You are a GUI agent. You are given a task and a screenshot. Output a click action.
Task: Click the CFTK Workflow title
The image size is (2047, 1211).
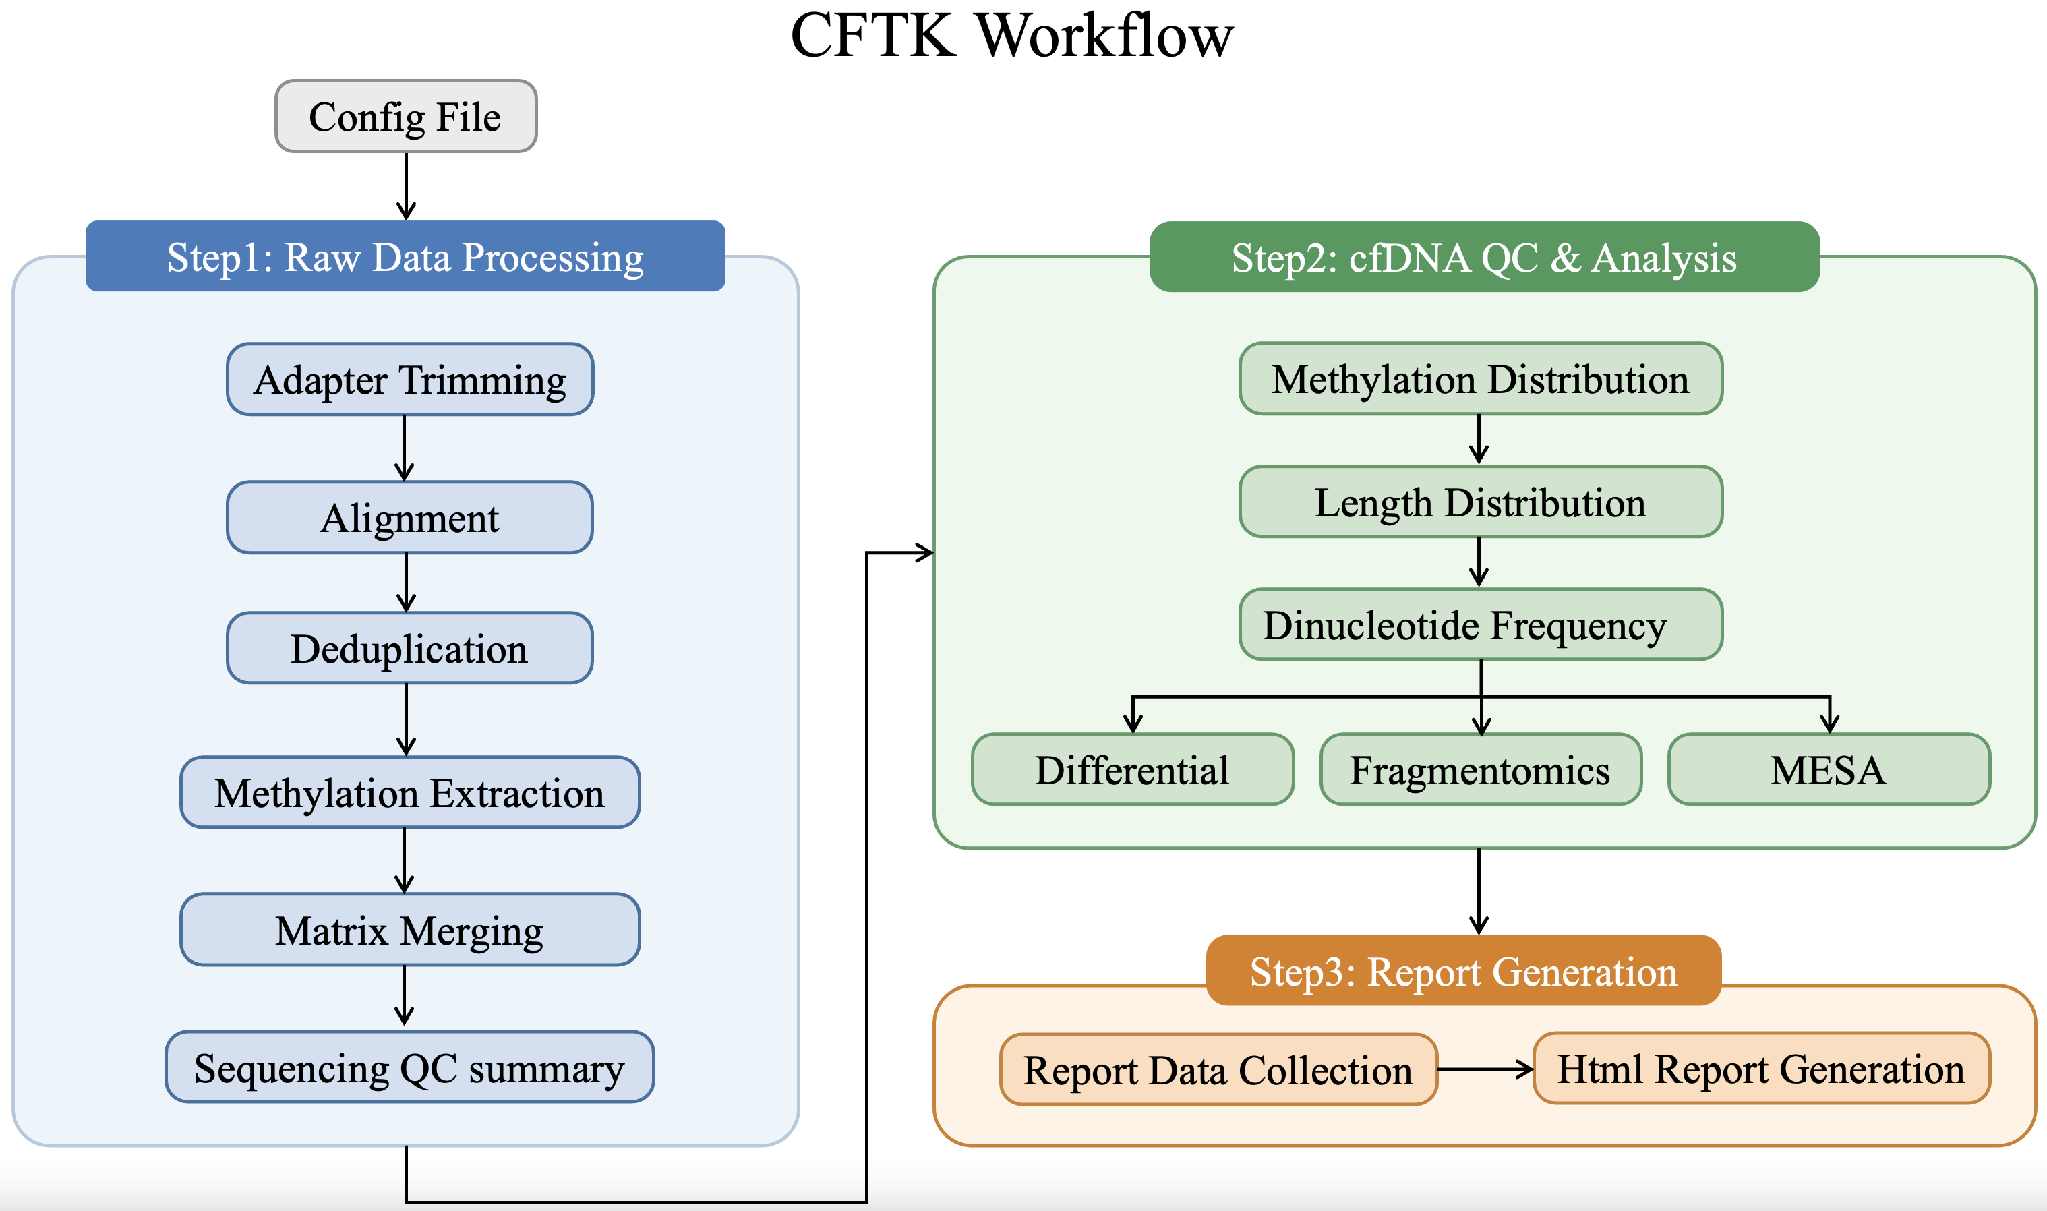[1011, 36]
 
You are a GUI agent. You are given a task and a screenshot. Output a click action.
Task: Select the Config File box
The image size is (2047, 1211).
[405, 116]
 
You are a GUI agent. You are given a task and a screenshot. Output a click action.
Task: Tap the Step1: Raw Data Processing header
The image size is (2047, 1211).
[405, 256]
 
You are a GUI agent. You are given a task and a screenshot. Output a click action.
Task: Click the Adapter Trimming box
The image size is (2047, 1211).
[409, 380]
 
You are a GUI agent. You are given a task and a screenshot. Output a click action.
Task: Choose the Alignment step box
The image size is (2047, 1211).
[409, 517]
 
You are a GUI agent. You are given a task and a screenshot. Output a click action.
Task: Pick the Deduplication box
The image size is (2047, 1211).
[409, 648]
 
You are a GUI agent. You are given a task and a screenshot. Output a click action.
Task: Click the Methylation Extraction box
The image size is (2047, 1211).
[409, 792]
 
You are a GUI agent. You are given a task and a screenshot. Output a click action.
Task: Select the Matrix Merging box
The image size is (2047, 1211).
[409, 929]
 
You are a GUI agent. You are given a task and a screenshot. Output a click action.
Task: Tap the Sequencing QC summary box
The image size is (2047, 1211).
[409, 1067]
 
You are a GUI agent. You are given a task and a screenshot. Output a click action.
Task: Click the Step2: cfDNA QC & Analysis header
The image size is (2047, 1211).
[1484, 257]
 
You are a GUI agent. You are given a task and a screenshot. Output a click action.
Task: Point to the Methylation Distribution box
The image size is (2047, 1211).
[1481, 379]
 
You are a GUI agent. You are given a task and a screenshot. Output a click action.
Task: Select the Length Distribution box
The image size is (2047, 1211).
[1481, 502]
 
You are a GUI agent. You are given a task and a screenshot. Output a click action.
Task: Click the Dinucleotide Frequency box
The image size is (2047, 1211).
[1481, 624]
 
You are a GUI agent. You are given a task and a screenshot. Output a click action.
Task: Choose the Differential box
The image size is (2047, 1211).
[1133, 769]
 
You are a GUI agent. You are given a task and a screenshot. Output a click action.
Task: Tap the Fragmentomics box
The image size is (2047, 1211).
[1481, 769]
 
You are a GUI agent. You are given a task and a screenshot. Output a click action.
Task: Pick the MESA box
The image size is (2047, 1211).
[1829, 769]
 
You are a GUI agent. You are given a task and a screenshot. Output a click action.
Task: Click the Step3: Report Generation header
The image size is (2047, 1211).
[1464, 970]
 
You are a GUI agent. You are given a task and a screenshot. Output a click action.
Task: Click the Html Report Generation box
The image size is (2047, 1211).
[1762, 1068]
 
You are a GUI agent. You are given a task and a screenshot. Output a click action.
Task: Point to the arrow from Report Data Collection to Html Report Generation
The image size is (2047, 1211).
[1485, 1069]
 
